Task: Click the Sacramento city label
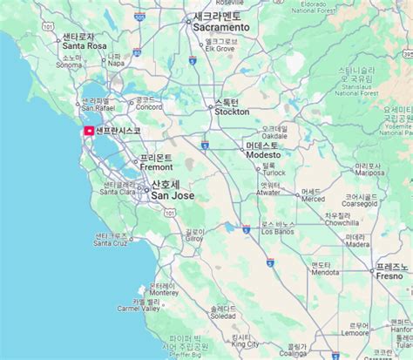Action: [221, 27]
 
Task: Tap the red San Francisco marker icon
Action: [88, 131]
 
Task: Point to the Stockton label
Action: [232, 112]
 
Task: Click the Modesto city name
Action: [262, 154]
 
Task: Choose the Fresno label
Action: [389, 275]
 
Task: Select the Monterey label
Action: [164, 294]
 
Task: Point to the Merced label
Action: [313, 199]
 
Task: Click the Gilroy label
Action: [195, 240]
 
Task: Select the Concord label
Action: [147, 108]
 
